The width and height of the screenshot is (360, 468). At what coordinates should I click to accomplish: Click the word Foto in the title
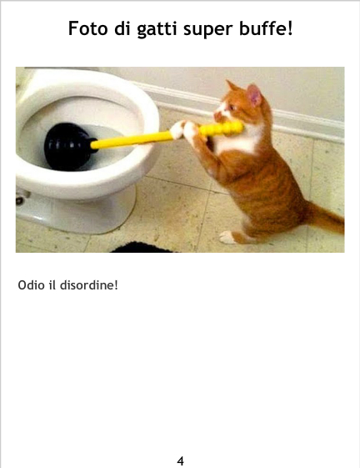coord(88,28)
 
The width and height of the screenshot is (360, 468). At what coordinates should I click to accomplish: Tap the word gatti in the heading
coord(157,30)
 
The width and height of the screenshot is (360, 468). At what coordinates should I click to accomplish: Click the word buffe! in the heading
coord(266,28)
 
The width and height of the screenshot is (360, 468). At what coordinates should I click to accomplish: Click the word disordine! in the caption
coord(89,285)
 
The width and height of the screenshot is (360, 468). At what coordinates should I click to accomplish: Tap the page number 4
coord(181,461)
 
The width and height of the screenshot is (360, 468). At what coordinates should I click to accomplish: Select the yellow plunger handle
coord(167,135)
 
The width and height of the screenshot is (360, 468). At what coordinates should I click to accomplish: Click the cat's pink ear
coord(254,95)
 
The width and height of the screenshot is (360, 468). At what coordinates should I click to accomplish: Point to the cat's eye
coord(232,108)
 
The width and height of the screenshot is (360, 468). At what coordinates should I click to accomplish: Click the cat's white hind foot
coord(227,237)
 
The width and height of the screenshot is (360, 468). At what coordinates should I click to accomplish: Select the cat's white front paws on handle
coord(184,130)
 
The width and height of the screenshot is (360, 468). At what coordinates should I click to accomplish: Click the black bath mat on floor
coord(142,248)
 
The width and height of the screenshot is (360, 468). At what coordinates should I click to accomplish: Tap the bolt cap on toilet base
coord(20,200)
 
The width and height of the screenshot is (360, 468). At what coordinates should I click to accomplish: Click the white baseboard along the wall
coord(247,110)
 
